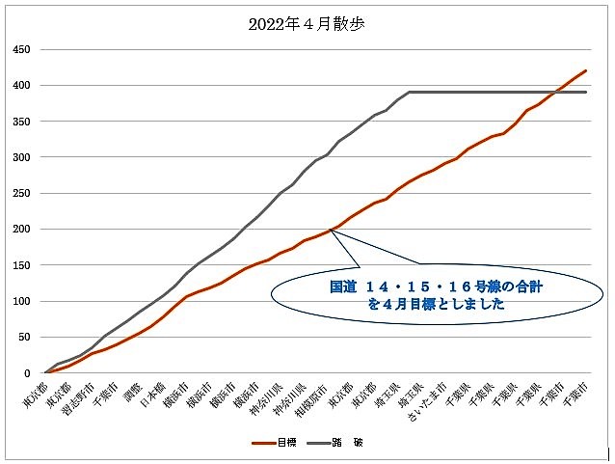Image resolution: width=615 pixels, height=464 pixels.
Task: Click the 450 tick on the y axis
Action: coord(19,49)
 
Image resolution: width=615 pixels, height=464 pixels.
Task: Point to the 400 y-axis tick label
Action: coord(19,85)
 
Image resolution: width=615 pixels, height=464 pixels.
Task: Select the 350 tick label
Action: coord(19,122)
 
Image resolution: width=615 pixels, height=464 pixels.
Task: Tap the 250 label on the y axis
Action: coord(19,193)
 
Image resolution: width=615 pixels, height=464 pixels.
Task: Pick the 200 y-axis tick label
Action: coord(19,230)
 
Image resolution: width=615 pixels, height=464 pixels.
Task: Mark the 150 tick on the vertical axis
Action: coord(19,265)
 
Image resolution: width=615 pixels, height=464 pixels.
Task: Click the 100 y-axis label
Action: coord(19,301)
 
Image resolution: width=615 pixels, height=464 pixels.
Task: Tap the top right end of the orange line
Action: coord(586,70)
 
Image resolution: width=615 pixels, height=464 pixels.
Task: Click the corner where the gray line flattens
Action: coord(411,92)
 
